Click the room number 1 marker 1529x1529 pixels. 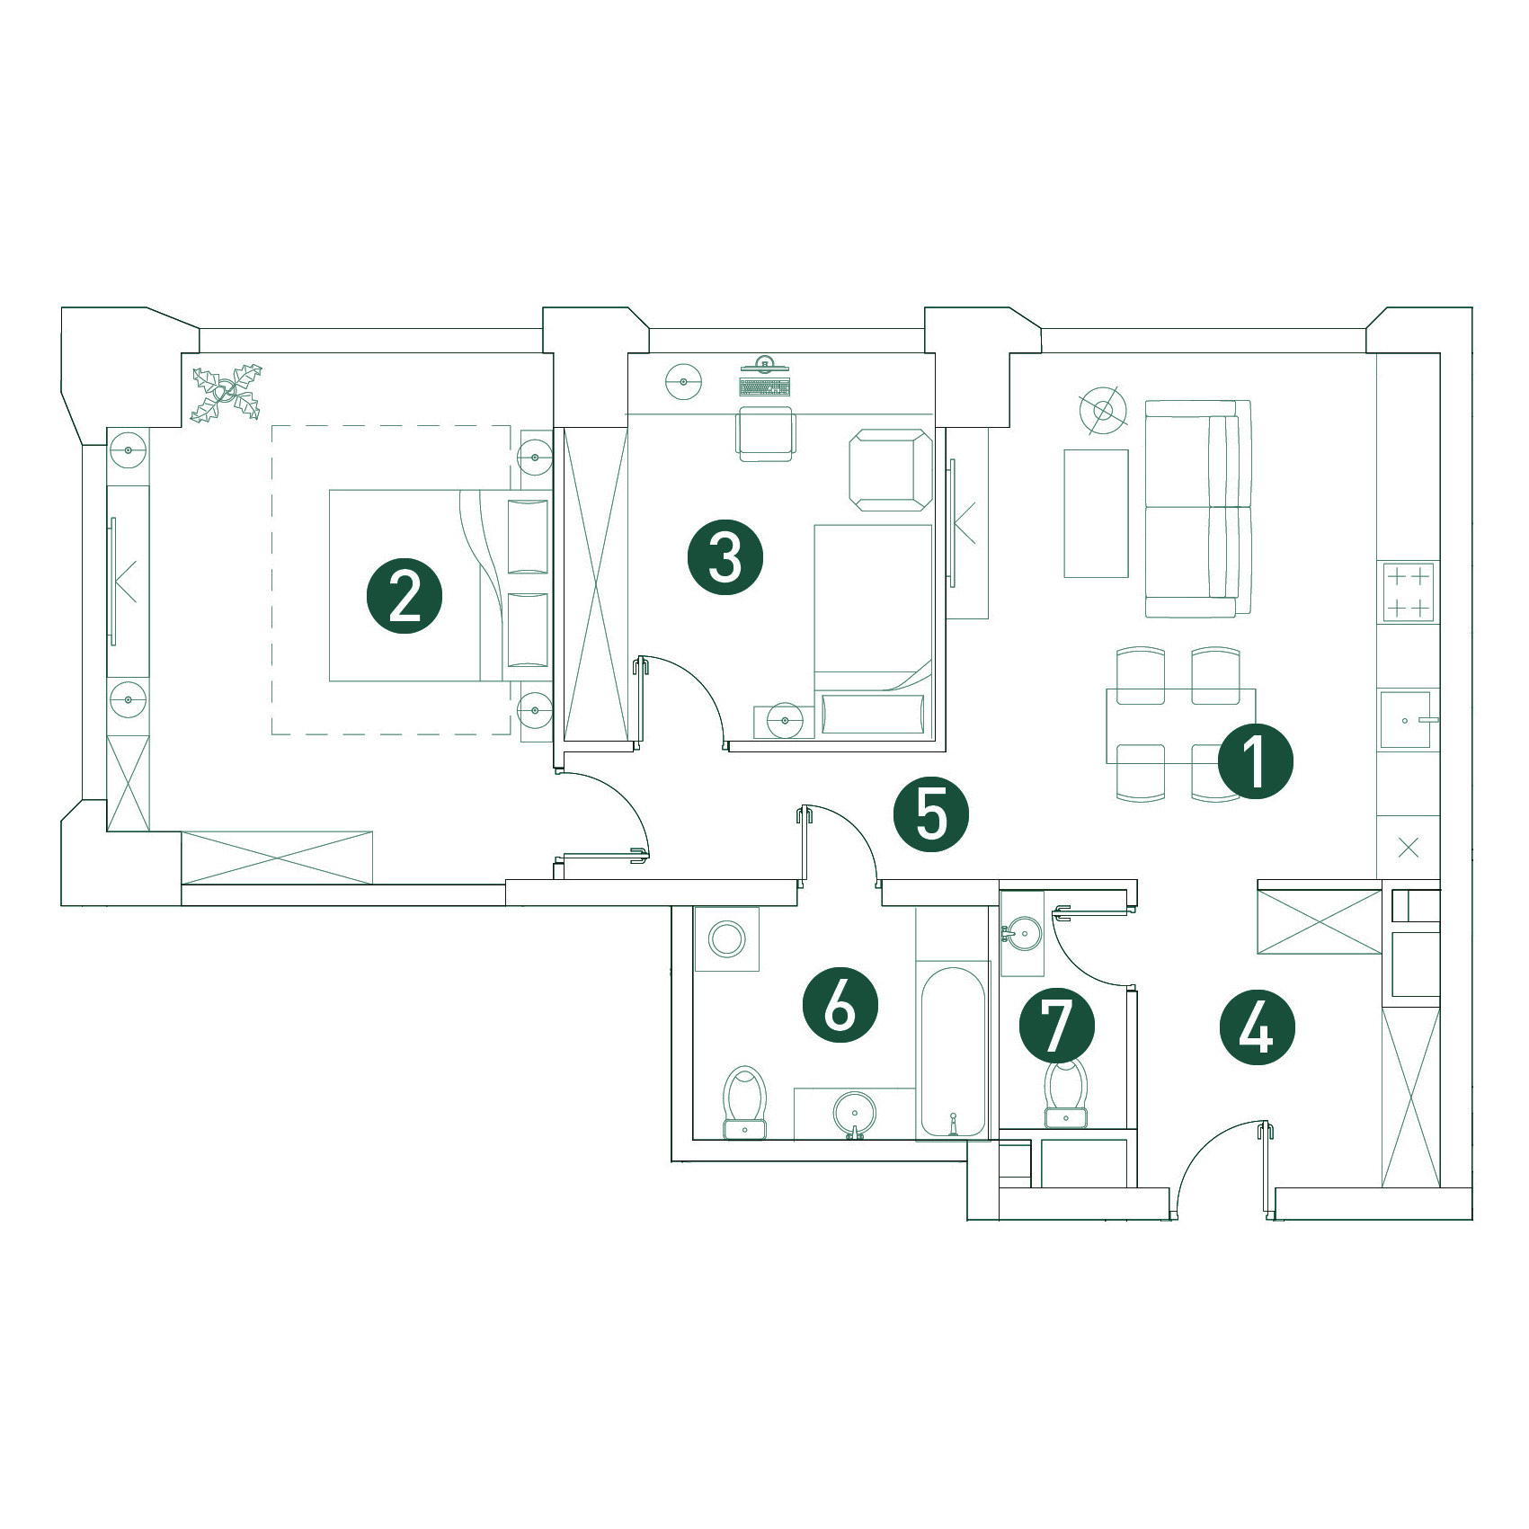1255,761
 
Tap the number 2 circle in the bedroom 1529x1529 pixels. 404,596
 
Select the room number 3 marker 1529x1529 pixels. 725,557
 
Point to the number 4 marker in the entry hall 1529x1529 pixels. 1257,1028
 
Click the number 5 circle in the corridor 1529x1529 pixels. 931,814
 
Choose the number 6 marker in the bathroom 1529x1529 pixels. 840,1005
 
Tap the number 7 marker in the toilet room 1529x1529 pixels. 1057,1026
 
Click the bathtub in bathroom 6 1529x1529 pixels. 953,1052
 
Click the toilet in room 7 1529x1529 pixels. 1066,1093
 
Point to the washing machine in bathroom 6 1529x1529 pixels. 726,939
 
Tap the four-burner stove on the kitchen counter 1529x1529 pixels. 1408,592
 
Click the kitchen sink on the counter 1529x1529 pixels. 1406,719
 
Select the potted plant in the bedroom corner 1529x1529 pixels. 227,391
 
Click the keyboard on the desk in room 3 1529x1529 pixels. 765,387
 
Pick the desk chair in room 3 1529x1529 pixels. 765,434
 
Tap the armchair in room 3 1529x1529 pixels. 890,470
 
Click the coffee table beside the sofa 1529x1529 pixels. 1096,513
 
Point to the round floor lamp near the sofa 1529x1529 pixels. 1103,410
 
